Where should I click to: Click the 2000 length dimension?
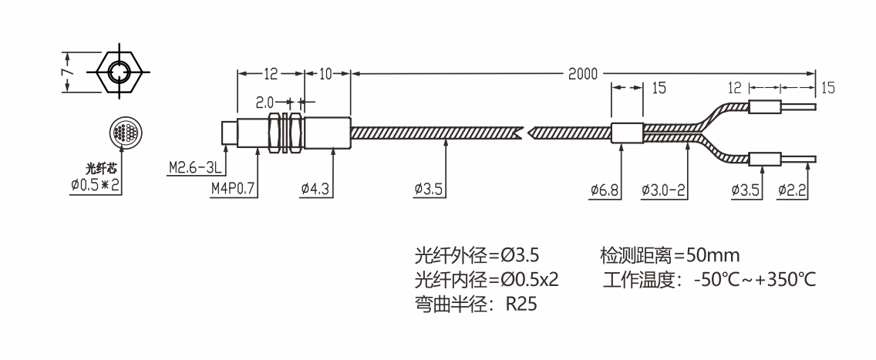(x=583, y=74)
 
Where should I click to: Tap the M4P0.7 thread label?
(x=232, y=187)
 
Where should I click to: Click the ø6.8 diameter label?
(x=605, y=187)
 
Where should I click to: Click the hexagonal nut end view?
(x=118, y=72)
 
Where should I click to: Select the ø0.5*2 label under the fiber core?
(x=98, y=185)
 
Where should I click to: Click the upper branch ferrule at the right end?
(x=763, y=106)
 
